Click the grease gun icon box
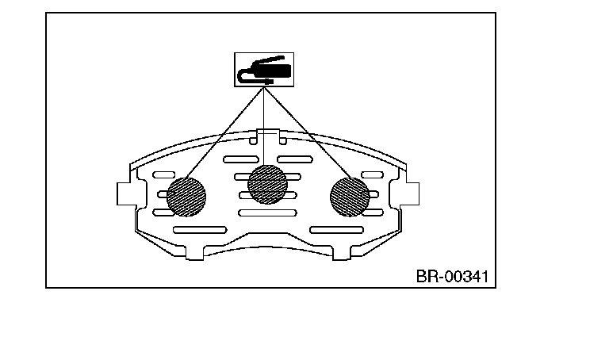(262, 69)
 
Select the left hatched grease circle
(186, 194)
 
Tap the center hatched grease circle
(267, 184)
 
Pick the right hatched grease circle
(349, 195)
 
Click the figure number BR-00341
(451, 278)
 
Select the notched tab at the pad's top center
(267, 136)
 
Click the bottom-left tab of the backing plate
(195, 252)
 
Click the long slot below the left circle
(199, 230)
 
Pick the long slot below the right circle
(336, 230)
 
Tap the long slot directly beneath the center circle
(267, 213)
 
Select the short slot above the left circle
(164, 174)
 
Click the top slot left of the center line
(240, 159)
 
